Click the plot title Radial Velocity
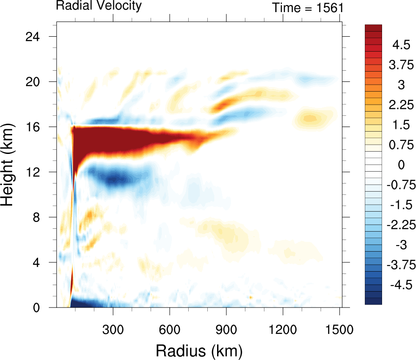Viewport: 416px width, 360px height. tap(99, 6)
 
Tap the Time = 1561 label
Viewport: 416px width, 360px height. tap(308, 8)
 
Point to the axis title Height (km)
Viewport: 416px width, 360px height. tap(10, 172)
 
